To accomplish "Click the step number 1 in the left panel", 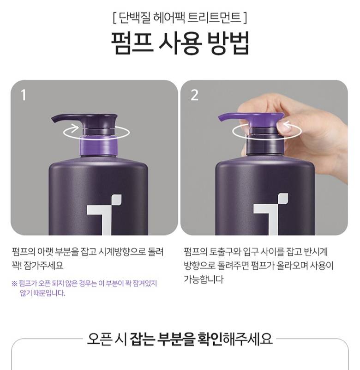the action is coord(24,95).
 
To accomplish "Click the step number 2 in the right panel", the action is coord(194,95).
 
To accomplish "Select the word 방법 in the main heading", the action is coord(228,43).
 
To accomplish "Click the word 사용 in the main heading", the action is coord(180,43).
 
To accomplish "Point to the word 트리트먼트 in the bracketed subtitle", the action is coord(214,18).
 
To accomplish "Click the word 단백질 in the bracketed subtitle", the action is coord(134,18).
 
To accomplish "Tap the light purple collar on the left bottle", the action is coord(99,146).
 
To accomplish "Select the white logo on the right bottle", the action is coord(270,214).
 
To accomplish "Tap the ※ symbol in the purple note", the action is coord(14,283).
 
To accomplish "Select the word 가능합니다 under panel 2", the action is coord(204,279).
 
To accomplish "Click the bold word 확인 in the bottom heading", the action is coord(210,339).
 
